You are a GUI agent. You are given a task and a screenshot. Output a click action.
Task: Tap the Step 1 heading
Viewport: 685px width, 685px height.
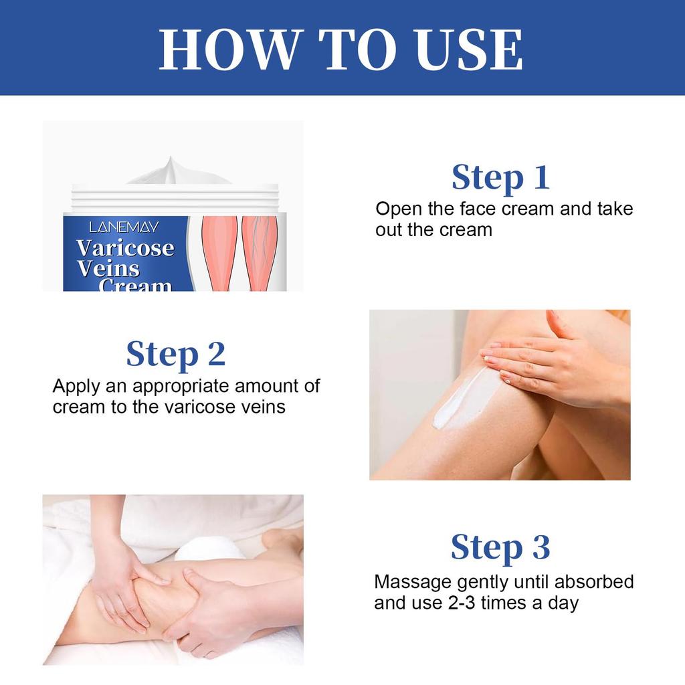[500, 177]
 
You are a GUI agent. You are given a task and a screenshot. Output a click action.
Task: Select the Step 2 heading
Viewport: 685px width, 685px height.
[176, 354]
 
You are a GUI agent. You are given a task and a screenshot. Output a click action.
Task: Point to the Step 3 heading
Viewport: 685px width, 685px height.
[500, 547]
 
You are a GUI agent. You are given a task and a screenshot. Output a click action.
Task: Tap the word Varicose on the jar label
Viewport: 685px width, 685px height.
[125, 248]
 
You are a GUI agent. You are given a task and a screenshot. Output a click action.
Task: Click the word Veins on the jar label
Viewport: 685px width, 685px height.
[108, 269]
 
